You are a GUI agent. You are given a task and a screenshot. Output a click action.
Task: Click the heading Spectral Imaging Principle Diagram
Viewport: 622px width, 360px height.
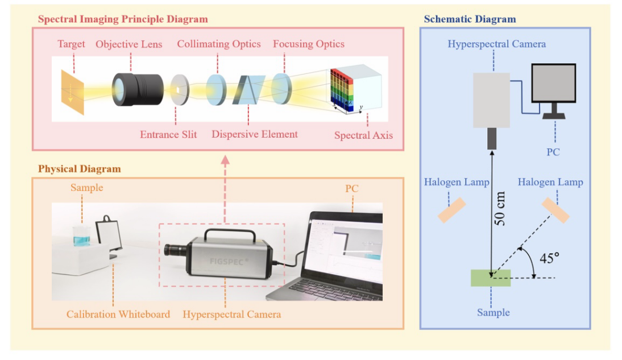click(123, 19)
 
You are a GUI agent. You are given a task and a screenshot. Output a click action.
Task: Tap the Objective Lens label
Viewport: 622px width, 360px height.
click(128, 44)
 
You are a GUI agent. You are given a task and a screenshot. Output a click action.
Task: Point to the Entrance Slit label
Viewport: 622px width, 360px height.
click(168, 135)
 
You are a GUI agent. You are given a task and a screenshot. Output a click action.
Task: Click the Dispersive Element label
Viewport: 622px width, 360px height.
click(255, 135)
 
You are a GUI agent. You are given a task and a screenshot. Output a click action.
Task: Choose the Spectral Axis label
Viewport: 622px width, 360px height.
click(363, 136)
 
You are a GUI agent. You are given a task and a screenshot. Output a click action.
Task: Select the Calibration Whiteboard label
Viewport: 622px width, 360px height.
click(118, 314)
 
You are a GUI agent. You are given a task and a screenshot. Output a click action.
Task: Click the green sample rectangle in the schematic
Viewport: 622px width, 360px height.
click(490, 278)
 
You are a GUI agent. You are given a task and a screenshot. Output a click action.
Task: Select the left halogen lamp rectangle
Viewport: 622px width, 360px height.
click(452, 210)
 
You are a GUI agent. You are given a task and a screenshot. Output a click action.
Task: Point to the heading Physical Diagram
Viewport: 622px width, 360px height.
click(79, 169)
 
